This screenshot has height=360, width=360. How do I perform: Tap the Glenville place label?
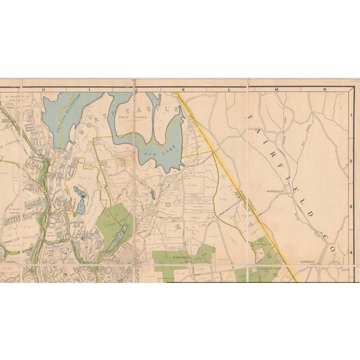pos(310,262)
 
